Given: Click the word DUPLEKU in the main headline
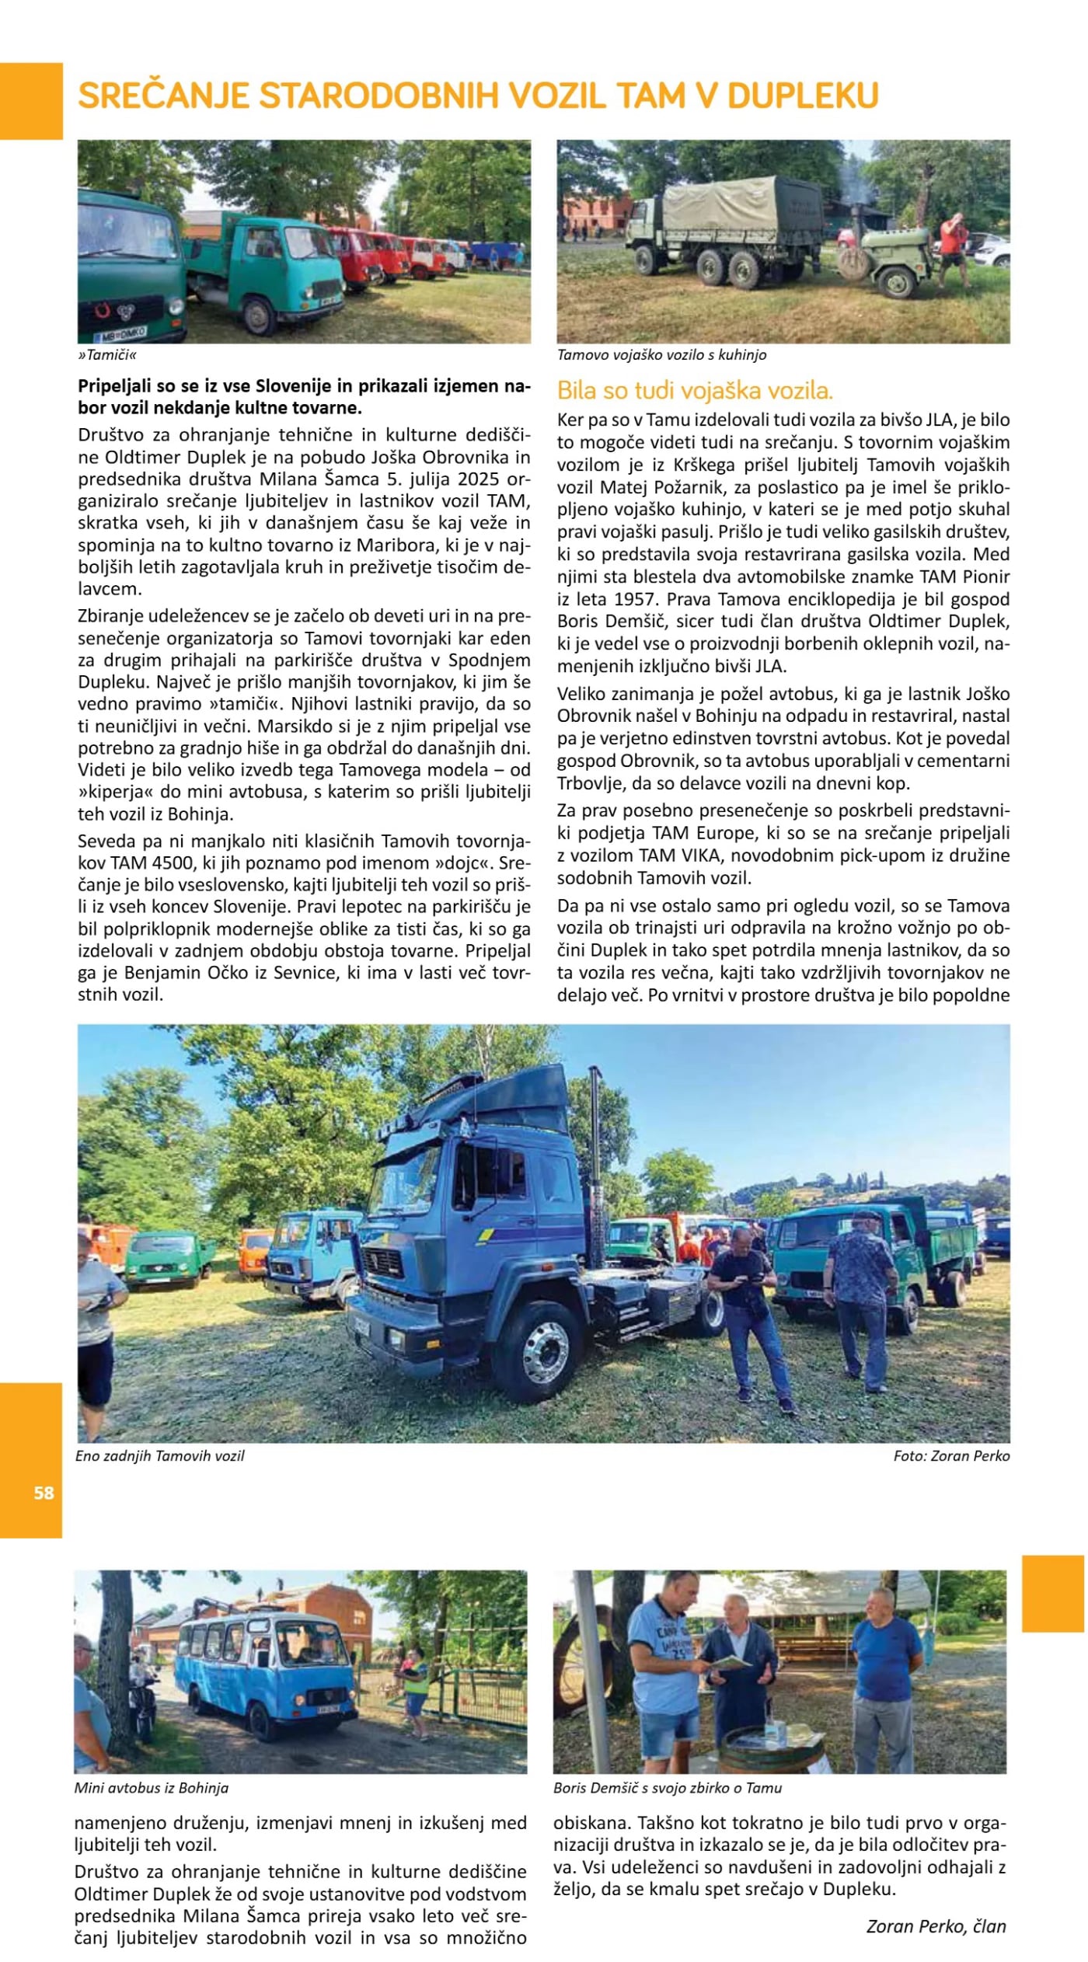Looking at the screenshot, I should pyautogui.click(x=802, y=96).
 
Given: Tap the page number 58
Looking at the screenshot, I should pyautogui.click(x=44, y=1493).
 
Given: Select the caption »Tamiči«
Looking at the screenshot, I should pyautogui.click(x=107, y=355).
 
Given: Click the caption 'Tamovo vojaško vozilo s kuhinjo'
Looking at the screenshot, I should pyautogui.click(x=661, y=355).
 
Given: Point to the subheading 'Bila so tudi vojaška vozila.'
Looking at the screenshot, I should pyautogui.click(x=695, y=390).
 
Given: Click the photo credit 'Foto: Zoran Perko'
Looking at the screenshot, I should pyautogui.click(x=951, y=1456).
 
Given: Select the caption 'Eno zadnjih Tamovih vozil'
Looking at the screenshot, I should pyautogui.click(x=160, y=1456).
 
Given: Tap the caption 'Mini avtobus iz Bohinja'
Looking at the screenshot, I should pyautogui.click(x=152, y=1788).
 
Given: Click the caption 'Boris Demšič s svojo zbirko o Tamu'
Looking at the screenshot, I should pyautogui.click(x=668, y=1788).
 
